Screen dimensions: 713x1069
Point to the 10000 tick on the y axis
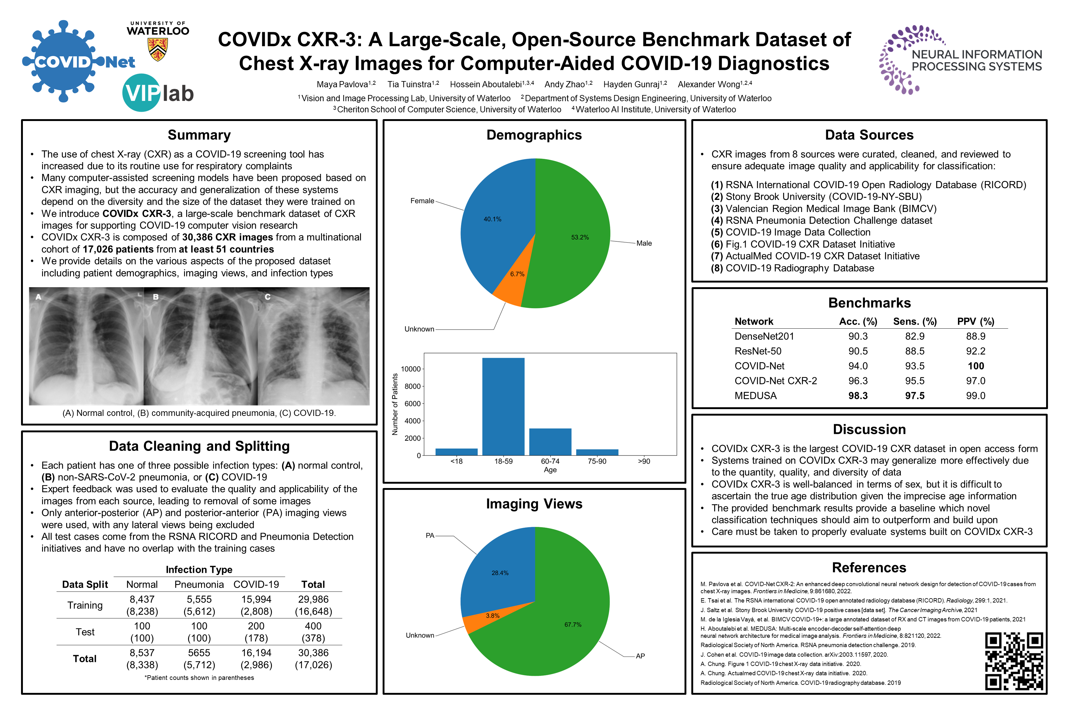(410, 369)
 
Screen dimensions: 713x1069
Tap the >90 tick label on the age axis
(644, 461)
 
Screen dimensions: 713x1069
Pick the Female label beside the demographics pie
(422, 201)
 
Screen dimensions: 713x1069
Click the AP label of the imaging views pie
(640, 656)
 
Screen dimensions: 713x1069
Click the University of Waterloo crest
(158, 50)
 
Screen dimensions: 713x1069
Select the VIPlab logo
(158, 93)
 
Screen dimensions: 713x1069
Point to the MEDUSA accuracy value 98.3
(858, 395)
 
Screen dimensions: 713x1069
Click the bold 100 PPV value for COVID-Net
(975, 366)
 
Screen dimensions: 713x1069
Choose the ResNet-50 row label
(758, 351)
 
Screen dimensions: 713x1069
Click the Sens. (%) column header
(914, 322)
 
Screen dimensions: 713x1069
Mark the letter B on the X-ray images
(156, 297)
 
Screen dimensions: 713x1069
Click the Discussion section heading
(869, 429)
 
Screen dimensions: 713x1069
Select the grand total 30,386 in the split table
(313, 653)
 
